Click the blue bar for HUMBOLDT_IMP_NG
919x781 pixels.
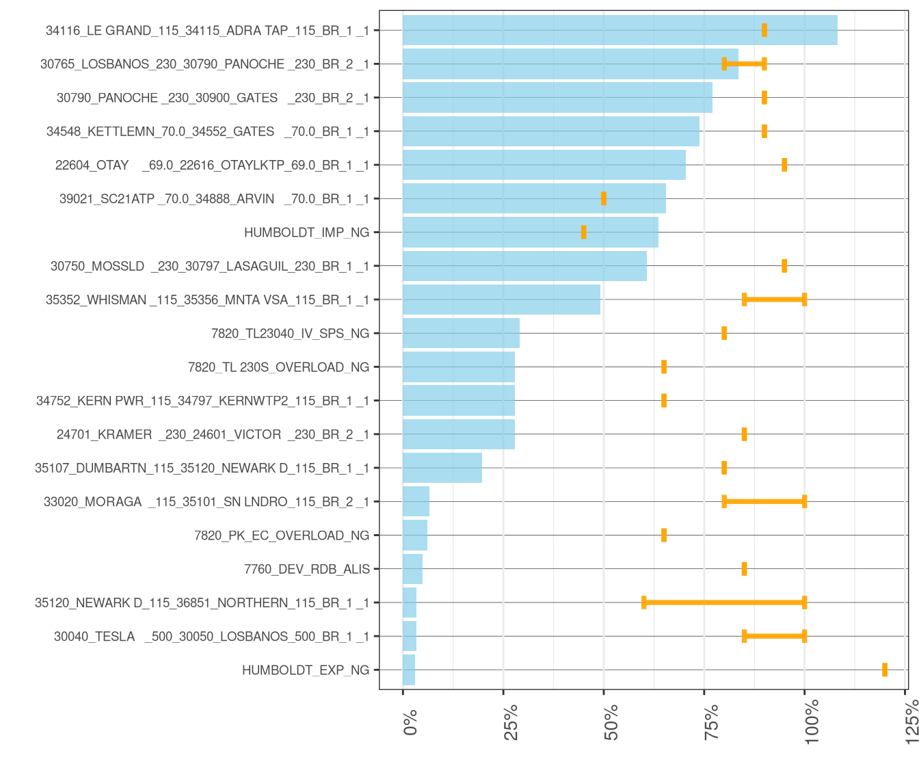coord(530,233)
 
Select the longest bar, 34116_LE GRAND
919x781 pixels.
coord(620,30)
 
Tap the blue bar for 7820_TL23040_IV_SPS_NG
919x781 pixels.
coord(461,333)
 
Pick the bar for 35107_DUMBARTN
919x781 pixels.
coord(442,468)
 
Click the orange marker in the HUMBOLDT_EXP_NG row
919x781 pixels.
coord(885,670)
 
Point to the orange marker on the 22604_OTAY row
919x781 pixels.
coord(784,165)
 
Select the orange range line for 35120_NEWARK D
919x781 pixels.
coord(724,603)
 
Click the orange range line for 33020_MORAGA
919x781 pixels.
coord(764,501)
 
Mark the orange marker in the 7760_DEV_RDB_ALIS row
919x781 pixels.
coord(744,569)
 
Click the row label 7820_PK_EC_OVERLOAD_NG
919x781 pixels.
coord(282,535)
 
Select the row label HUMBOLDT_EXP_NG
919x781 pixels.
coord(306,670)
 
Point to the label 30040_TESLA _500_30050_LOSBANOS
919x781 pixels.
coord(211,637)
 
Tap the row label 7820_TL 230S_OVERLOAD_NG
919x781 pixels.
coord(278,367)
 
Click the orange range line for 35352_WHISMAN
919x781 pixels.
coord(774,300)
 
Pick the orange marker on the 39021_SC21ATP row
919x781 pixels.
coord(604,198)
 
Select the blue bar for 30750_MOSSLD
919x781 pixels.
coord(524,266)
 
